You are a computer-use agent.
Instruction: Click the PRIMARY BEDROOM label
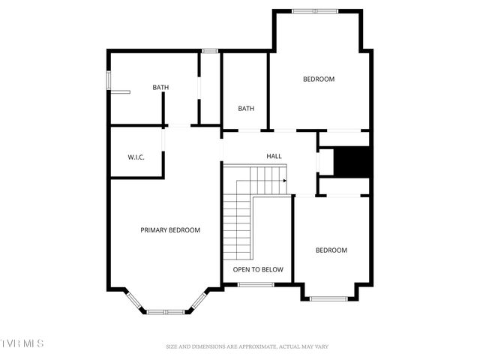click(170, 230)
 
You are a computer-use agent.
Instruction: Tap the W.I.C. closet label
click(136, 157)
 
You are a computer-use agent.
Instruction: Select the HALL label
click(274, 156)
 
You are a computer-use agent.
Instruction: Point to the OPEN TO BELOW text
click(258, 269)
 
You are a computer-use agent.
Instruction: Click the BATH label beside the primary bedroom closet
click(160, 88)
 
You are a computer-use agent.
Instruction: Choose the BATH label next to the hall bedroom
click(246, 109)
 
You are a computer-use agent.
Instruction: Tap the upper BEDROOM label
click(319, 79)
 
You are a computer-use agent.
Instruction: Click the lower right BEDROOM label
click(331, 250)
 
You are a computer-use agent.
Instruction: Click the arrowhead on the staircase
click(285, 180)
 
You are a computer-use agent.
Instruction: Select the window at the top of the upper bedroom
click(315, 10)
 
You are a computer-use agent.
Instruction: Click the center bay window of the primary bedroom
click(165, 311)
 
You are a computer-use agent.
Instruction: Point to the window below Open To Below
click(256, 285)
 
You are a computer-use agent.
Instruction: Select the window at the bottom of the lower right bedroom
click(328, 299)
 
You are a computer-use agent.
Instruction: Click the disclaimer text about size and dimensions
click(247, 347)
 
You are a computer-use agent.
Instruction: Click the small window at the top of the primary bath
click(210, 51)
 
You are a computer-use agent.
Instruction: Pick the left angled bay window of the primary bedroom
click(134, 300)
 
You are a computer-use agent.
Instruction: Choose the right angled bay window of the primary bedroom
click(198, 300)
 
